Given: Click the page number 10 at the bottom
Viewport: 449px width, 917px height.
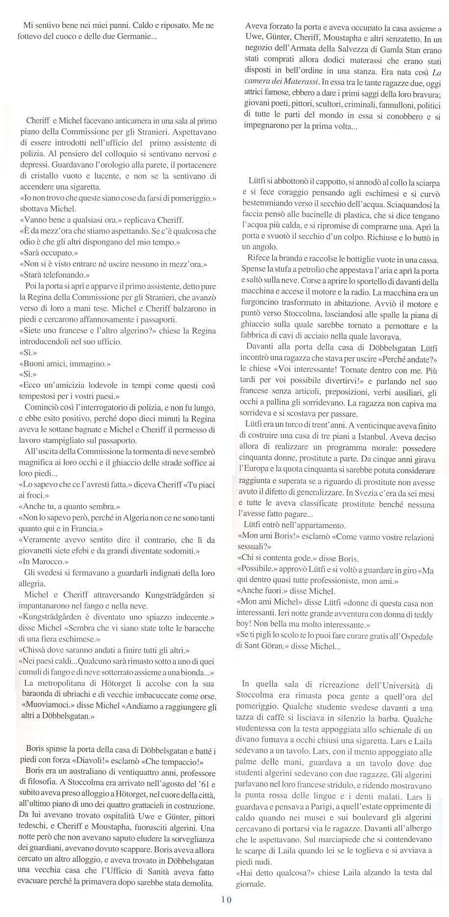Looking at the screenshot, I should (226, 899).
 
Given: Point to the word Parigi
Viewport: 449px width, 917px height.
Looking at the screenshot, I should (311, 806).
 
